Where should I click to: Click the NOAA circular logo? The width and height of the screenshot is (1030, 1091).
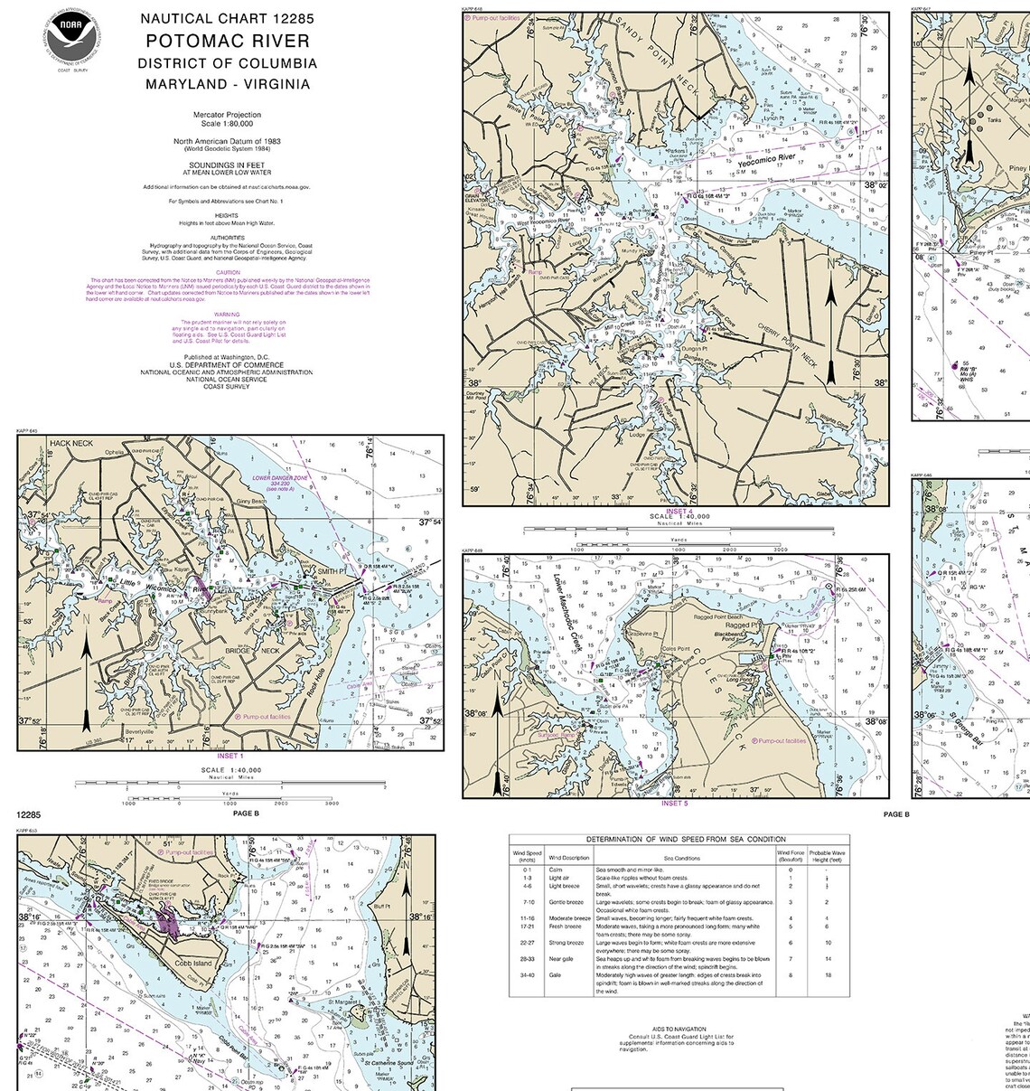pos(71,37)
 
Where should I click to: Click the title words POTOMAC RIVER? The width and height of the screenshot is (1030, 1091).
pos(228,42)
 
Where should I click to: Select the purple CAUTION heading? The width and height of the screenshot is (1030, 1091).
pos(228,272)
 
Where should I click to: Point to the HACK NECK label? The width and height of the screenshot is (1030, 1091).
pos(71,444)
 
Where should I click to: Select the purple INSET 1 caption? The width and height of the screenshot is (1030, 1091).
pos(229,756)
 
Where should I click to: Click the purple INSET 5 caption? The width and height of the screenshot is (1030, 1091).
pos(674,803)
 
